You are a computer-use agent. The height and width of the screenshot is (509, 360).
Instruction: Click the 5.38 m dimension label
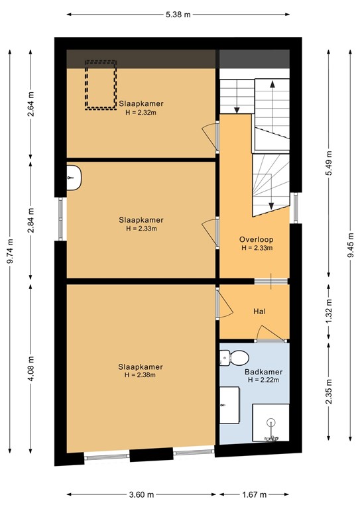[x=178, y=14]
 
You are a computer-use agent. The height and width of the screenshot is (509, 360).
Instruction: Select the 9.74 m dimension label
[x=10, y=252]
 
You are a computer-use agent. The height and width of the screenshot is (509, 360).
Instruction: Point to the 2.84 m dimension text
[x=31, y=221]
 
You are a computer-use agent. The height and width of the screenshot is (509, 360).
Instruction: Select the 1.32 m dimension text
[x=329, y=311]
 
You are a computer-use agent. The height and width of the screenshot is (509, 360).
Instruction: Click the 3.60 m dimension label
[x=141, y=495]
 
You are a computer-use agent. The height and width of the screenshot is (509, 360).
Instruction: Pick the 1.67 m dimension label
[x=255, y=495]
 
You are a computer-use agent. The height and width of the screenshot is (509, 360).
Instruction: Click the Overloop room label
[x=257, y=239]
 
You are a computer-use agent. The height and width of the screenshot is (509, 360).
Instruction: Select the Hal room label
[x=259, y=311]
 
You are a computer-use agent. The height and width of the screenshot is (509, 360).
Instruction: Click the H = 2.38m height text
[x=141, y=375]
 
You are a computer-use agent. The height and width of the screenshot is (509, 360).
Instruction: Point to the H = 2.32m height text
[x=141, y=113]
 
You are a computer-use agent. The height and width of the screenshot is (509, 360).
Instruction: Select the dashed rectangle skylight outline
[x=100, y=85]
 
